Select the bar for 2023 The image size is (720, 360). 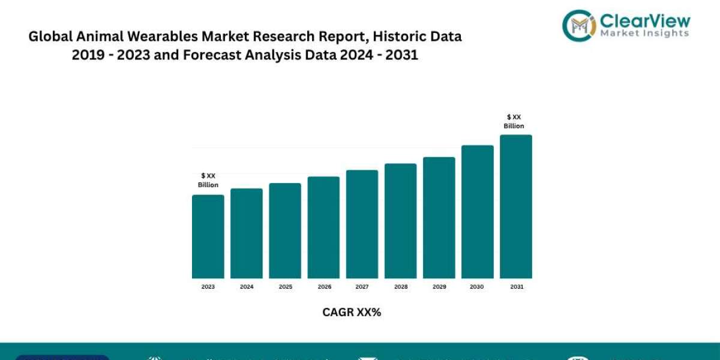208,236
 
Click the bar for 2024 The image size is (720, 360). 246,233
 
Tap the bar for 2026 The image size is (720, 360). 323,227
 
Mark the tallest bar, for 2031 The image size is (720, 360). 515,206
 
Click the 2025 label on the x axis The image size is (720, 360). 286,287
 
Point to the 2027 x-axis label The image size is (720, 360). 362,287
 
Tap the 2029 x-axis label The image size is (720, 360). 439,287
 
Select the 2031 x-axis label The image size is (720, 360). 517,287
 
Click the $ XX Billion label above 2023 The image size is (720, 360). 208,180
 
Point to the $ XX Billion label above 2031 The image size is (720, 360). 515,121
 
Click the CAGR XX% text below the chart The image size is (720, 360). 352,312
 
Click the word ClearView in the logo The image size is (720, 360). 645,21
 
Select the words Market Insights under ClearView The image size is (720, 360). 645,34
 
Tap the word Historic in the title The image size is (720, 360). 356,37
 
